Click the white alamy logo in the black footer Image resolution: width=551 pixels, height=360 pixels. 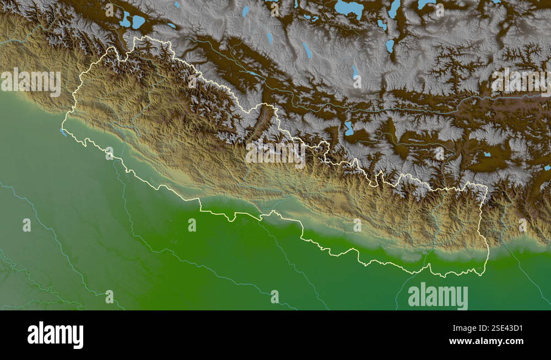pyautogui.click(x=55, y=335)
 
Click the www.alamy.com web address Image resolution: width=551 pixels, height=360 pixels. pyautogui.click(x=486, y=342)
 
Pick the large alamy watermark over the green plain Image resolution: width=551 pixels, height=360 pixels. pyautogui.click(x=438, y=296)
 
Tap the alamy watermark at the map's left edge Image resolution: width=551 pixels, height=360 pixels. pyautogui.click(x=30, y=82)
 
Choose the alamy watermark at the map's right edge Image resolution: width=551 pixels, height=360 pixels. pyautogui.click(x=521, y=82)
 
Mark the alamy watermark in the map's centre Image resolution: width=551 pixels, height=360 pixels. pyautogui.click(x=275, y=154)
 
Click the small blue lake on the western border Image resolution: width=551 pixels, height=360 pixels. pyautogui.click(x=63, y=132)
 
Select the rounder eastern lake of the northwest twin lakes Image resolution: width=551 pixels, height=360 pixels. pyautogui.click(x=138, y=22)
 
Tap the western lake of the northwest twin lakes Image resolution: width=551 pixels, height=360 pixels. pyautogui.click(x=126, y=20)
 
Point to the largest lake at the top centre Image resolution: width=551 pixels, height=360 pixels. pyautogui.click(x=349, y=8)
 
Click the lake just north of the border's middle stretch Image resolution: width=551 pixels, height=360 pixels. pyautogui.click(x=349, y=128)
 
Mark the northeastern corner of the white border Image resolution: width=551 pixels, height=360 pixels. pyautogui.click(x=485, y=187)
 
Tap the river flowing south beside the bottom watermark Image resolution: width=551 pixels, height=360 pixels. pyautogui.click(x=398, y=295)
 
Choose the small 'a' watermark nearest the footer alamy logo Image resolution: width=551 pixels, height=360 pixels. pyautogui.click(x=109, y=297)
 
